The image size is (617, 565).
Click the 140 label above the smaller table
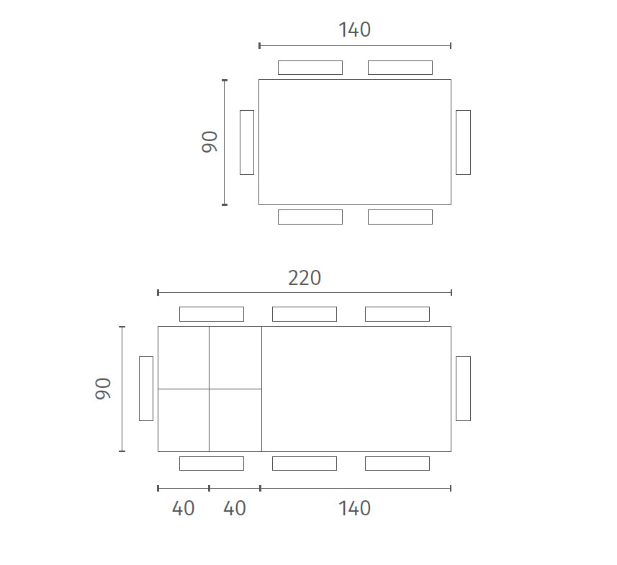coord(354,30)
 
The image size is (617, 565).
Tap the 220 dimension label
coord(305,278)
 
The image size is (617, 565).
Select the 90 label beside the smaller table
coord(210,142)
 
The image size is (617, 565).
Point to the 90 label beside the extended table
coord(103,389)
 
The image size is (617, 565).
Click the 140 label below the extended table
coord(354,508)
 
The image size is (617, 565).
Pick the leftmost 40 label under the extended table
coord(184,508)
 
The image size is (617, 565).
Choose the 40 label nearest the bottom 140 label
coord(235,508)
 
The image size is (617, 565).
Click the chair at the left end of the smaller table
coord(247,143)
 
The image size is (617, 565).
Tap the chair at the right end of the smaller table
coord(463,143)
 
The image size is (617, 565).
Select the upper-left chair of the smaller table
coord(310,68)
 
